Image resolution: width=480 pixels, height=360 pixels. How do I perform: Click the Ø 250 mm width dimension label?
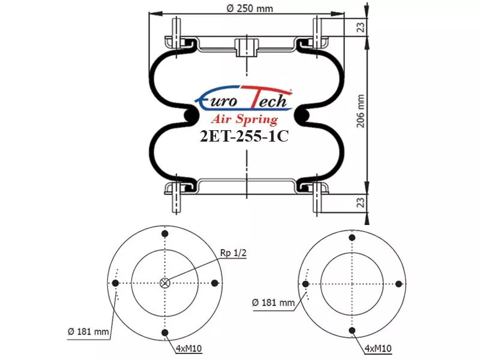250,8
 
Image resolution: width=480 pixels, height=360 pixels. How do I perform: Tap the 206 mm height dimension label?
361,111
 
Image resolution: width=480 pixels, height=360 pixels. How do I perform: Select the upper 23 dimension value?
361,27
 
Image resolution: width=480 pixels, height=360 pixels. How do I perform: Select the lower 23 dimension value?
361,202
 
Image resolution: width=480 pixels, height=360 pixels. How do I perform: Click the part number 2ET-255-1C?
244,137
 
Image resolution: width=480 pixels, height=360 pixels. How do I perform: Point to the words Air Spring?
244,119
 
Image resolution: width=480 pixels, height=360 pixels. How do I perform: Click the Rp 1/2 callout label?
233,253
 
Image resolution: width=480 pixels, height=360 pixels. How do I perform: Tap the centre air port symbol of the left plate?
165,283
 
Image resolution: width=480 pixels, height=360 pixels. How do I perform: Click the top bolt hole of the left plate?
165,234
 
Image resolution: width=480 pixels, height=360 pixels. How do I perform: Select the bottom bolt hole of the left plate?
165,333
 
